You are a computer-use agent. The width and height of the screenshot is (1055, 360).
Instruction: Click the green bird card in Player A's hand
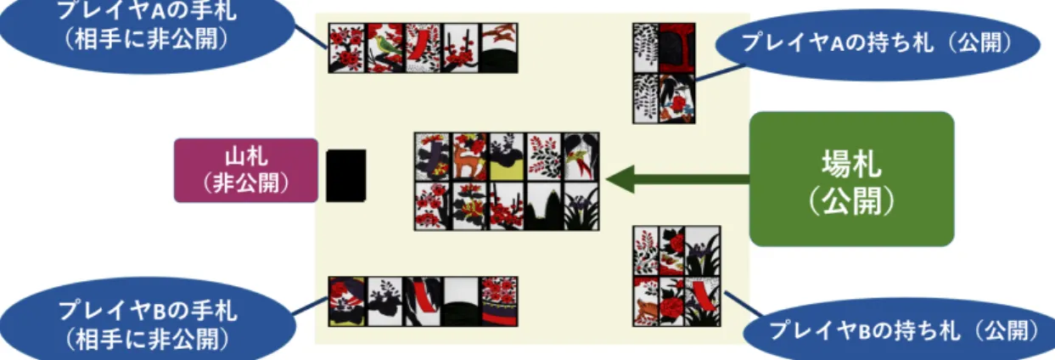coord(384,48)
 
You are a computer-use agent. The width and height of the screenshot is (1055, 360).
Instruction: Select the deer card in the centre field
coord(469,156)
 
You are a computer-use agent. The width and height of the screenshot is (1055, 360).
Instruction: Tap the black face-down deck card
coord(346,176)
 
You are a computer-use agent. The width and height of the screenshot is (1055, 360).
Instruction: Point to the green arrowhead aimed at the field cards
coord(620,179)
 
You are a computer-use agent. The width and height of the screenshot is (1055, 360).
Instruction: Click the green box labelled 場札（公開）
coord(851,179)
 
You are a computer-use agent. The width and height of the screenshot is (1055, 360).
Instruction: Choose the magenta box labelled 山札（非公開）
coord(246,171)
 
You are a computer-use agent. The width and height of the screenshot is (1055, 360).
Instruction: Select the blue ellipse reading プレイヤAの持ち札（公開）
coord(878,44)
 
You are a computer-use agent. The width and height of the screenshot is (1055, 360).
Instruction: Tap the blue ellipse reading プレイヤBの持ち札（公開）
coord(900,329)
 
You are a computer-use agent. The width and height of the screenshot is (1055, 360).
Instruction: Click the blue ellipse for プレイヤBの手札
coord(147,319)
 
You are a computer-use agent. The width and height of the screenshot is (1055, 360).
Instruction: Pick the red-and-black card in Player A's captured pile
coord(677,48)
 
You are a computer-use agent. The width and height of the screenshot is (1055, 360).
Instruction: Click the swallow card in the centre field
coord(581,156)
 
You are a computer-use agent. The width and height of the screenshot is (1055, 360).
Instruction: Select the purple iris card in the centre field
coord(581,206)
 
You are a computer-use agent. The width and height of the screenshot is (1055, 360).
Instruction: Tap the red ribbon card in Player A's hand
coord(423,48)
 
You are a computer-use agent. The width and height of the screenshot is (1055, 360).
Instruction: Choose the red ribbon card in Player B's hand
coord(423,301)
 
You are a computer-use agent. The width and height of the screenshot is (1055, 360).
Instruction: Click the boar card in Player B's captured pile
coord(646,301)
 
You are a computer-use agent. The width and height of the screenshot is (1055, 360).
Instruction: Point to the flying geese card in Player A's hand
coord(499,48)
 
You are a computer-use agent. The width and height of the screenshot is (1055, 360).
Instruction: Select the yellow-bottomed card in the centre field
coord(507,156)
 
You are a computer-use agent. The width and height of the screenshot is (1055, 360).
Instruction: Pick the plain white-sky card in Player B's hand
coord(461,301)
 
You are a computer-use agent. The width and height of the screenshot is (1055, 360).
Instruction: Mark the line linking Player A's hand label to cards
coord(311,37)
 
